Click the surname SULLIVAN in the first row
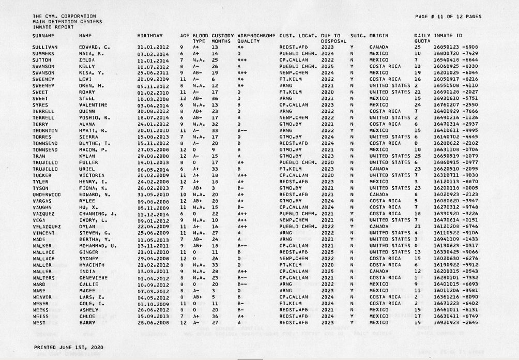point(43,47)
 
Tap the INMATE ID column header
point(446,35)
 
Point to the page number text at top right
point(448,17)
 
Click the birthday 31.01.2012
point(150,47)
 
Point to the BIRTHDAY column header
point(150,35)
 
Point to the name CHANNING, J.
point(97,214)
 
